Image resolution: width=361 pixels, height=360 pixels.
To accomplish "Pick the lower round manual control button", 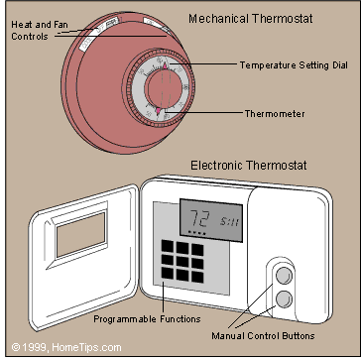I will coord(285,300).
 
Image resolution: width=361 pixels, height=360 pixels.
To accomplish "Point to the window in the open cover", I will coord(74,238).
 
